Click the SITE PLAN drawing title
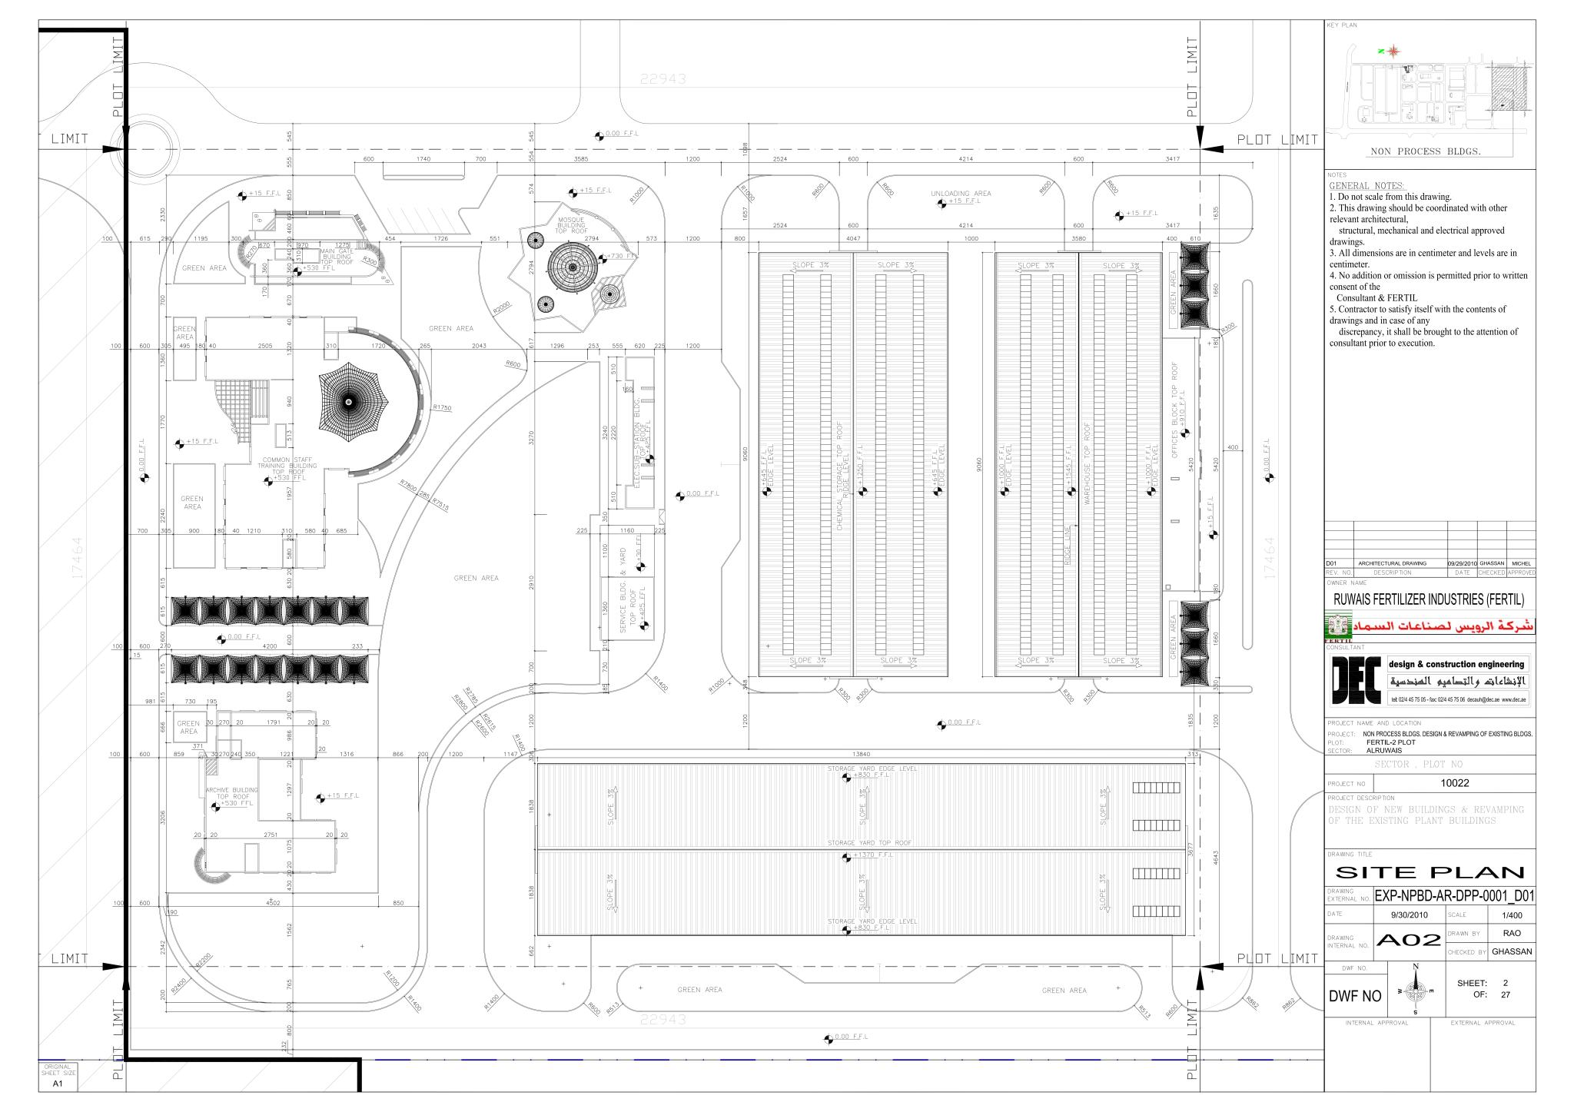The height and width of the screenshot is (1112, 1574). [x=1430, y=872]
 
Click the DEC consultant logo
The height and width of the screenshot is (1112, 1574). [x=1357, y=679]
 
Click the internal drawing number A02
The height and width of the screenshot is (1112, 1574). [x=1408, y=939]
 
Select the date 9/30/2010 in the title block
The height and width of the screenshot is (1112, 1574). [x=1409, y=915]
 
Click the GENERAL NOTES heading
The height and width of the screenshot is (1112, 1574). [x=1366, y=186]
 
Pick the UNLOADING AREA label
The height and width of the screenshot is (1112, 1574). [x=961, y=194]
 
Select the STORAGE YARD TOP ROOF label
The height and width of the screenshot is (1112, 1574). [x=869, y=843]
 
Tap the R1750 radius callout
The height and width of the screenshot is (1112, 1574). [x=442, y=407]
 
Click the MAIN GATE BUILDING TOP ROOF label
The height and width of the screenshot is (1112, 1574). [x=337, y=257]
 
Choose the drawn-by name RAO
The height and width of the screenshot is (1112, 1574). [x=1512, y=933]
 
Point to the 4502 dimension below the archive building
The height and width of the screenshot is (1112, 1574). [x=272, y=903]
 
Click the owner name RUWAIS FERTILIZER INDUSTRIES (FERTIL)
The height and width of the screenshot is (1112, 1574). [x=1429, y=599]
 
